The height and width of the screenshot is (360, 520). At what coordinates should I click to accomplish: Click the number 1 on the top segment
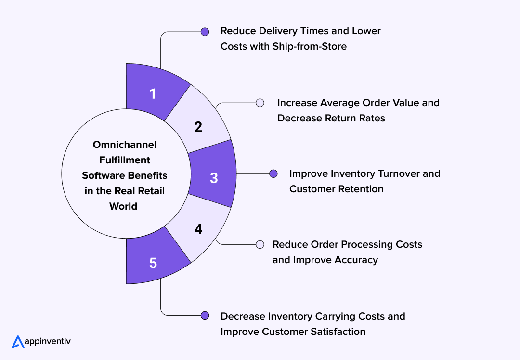(x=153, y=93)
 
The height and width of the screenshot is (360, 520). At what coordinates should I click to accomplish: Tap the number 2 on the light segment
(x=198, y=127)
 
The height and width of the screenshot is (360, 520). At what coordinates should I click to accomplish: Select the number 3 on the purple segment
(x=214, y=178)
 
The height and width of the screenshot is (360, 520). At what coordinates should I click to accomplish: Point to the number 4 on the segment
(x=198, y=229)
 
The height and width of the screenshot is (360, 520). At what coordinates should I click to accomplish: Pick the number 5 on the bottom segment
(x=153, y=263)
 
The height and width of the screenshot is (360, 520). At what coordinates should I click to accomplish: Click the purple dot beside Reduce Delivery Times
(x=205, y=32)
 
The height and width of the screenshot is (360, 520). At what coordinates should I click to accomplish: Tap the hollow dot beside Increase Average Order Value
(x=260, y=103)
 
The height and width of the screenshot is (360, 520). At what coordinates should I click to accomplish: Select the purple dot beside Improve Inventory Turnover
(x=273, y=173)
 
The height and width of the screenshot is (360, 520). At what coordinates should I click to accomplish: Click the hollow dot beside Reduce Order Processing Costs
(x=260, y=244)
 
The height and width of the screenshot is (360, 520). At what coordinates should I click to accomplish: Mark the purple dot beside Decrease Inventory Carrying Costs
(x=205, y=316)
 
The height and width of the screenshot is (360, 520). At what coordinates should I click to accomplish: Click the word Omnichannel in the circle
(x=125, y=145)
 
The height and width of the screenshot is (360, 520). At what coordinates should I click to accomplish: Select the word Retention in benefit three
(x=361, y=189)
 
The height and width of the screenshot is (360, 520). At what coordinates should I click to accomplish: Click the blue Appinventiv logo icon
(x=18, y=342)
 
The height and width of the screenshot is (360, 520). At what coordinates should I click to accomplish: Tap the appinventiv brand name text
(x=48, y=341)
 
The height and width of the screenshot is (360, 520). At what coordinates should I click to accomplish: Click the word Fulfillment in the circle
(x=125, y=160)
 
